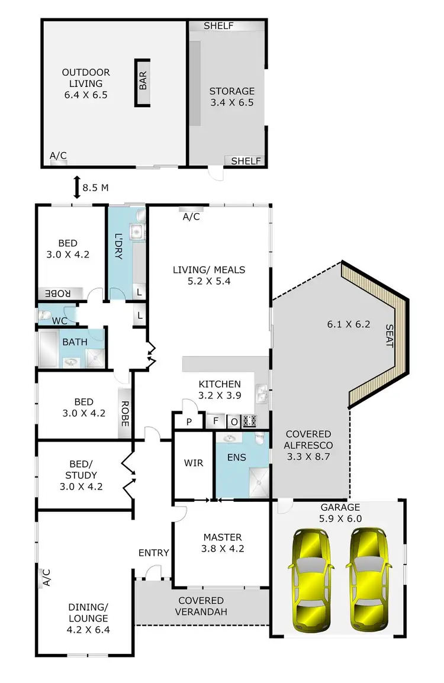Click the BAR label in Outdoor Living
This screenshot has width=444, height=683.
point(143,82)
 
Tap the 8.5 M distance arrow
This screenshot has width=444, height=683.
point(76,188)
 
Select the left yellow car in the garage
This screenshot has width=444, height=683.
point(310,579)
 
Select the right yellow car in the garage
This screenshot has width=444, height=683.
point(369,579)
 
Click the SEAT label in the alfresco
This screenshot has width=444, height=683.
point(389,336)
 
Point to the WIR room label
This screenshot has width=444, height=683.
point(193,463)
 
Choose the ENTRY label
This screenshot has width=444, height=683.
point(154,553)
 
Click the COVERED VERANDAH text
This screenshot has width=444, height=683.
point(201,606)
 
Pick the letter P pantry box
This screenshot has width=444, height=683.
point(188,422)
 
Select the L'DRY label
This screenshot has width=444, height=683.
point(118,244)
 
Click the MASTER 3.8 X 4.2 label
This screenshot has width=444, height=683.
point(223,543)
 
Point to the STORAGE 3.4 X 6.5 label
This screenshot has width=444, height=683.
point(231,96)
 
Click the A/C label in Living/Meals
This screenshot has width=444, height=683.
point(191,217)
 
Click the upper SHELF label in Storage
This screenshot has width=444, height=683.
point(218,26)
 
